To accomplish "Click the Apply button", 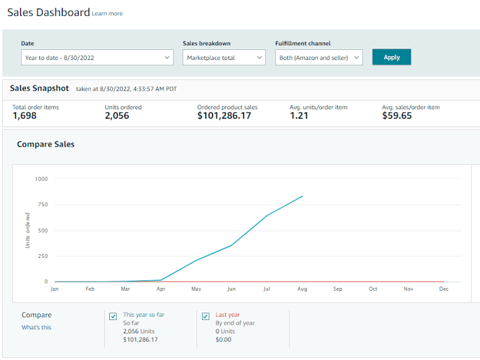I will (391, 57).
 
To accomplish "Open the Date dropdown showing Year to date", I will (97, 58).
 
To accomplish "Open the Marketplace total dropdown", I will (224, 58).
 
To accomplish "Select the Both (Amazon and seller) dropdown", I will (319, 58).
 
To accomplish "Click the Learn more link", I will (107, 13).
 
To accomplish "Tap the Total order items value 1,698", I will (25, 116).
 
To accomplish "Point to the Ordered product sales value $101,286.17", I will (224, 116).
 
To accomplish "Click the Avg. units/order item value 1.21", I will (299, 116).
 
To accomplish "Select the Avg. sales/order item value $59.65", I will (397, 116).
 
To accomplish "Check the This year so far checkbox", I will (113, 316).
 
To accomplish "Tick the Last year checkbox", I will (205, 316).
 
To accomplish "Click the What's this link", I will (36, 327).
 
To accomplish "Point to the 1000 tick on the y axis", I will (42, 179).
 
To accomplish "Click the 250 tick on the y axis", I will (43, 256).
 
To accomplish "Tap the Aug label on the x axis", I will (303, 289).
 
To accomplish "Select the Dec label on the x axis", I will (443, 289).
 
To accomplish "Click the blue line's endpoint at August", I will (303, 196).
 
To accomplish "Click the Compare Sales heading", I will (46, 144).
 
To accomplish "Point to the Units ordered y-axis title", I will (28, 230).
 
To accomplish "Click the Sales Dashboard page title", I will (48, 12).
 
